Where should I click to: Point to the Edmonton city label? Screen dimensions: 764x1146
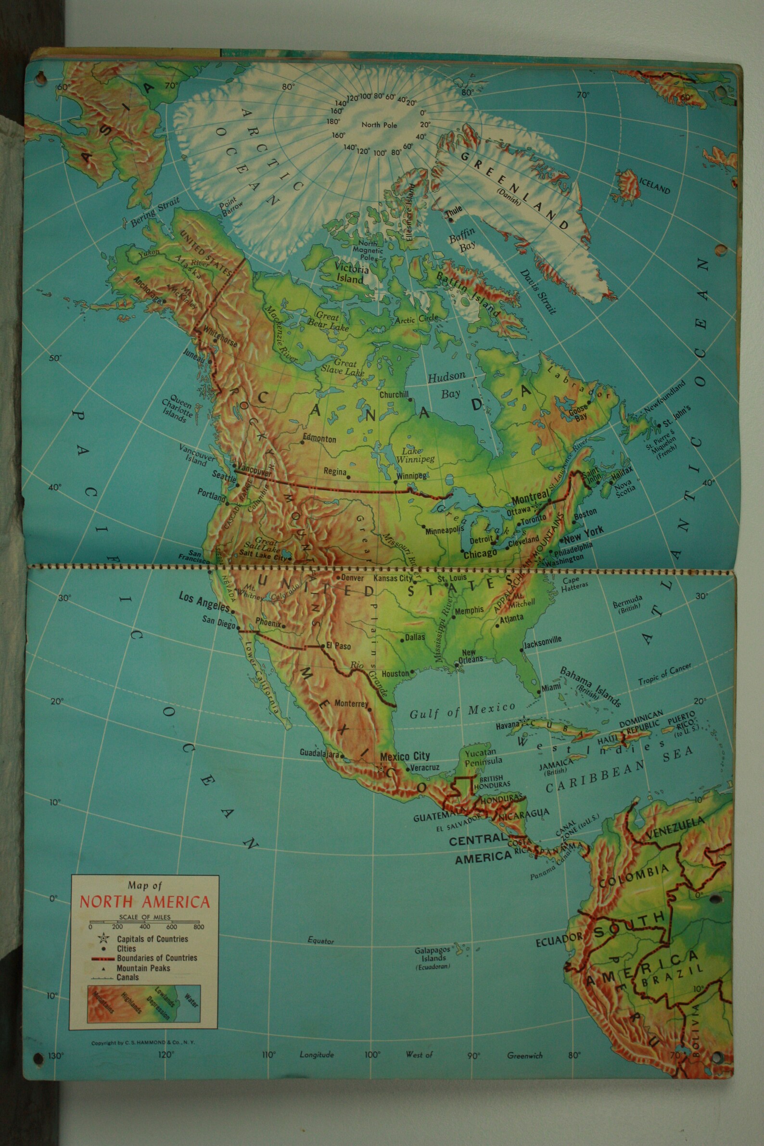(x=319, y=438)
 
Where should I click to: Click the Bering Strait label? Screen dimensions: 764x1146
(x=155, y=211)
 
